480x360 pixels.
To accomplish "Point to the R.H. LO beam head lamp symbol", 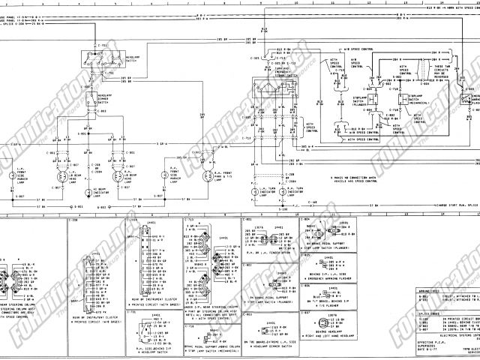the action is pyautogui.click(x=118, y=176).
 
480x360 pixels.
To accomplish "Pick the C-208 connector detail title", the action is pyautogui.click(x=73, y=220).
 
